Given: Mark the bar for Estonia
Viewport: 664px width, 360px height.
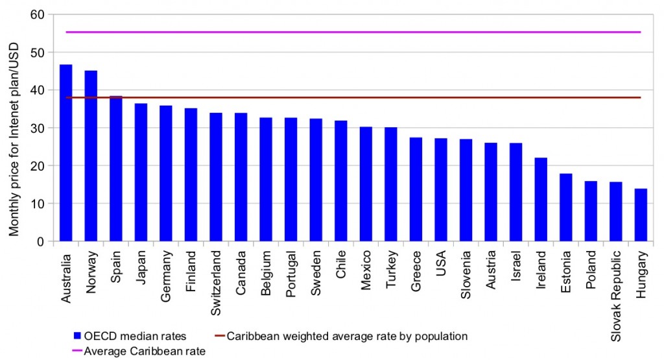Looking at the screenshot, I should pyautogui.click(x=565, y=208).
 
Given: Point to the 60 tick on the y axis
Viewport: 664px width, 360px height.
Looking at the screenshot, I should pyautogui.click(x=40, y=14).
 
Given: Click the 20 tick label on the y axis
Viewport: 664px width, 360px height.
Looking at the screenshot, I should pyautogui.click(x=40, y=166).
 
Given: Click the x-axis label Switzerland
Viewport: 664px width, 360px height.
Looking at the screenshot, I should pyautogui.click(x=216, y=275).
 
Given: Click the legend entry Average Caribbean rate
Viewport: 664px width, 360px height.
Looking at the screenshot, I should pyautogui.click(x=136, y=350).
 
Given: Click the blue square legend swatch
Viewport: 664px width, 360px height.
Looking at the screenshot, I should pyautogui.click(x=77, y=336).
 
